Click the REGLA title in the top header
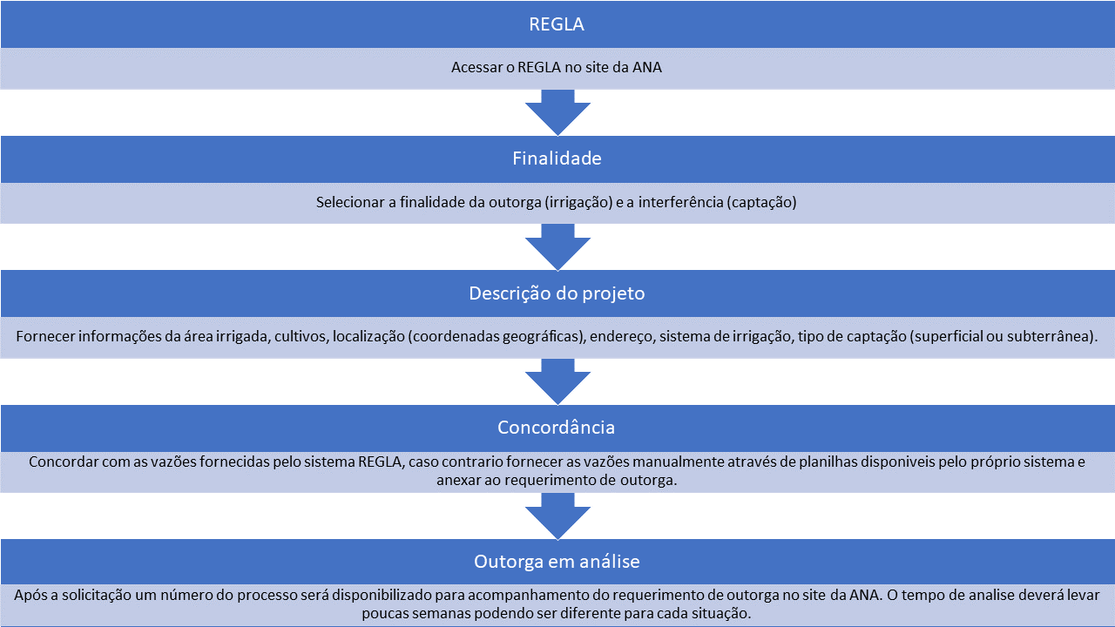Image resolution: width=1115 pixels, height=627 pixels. (557, 24)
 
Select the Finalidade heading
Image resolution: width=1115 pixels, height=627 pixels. (557, 158)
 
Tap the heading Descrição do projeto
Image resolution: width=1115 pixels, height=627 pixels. (557, 293)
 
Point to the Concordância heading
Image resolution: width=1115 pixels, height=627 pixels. (556, 428)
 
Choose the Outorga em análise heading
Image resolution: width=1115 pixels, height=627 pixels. (557, 562)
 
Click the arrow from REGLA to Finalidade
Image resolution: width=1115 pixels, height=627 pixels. (557, 112)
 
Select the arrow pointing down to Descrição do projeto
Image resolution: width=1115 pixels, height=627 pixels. (557, 246)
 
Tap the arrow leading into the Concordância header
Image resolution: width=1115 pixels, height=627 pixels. (557, 381)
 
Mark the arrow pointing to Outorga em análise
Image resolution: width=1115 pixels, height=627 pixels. (557, 516)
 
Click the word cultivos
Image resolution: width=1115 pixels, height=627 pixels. (301, 336)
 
